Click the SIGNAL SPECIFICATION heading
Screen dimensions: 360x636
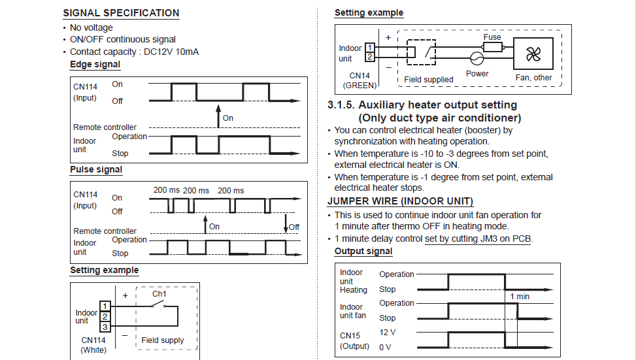(x=121, y=13)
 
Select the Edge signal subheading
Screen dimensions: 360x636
(x=95, y=65)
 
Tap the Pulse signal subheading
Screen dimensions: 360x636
(x=96, y=170)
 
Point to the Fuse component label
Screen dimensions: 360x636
(x=492, y=37)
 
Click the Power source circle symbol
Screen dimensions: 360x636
(x=477, y=59)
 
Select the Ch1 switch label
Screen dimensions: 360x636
(x=159, y=294)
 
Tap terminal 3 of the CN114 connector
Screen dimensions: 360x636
(x=104, y=326)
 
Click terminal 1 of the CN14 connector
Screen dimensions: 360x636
(x=369, y=48)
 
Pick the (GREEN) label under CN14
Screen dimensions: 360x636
(x=360, y=85)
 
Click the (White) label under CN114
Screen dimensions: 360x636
(x=93, y=350)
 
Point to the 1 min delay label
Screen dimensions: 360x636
(x=520, y=297)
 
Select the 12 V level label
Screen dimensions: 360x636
(x=388, y=333)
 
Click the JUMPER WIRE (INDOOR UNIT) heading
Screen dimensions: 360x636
(x=400, y=201)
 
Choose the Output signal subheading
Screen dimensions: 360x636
(x=363, y=252)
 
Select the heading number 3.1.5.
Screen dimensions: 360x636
(x=341, y=105)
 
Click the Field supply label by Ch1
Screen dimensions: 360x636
(x=163, y=340)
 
